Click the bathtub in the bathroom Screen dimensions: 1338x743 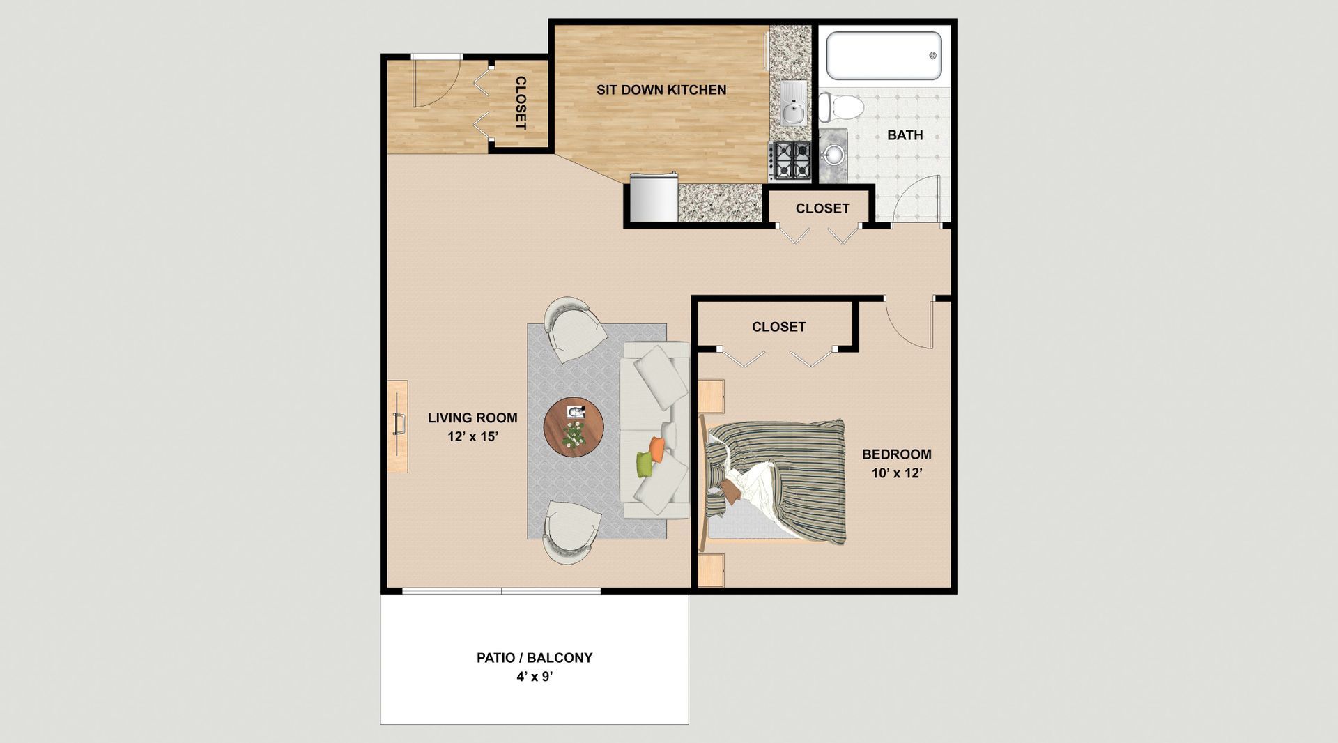click(x=884, y=56)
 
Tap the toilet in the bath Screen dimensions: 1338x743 click(x=841, y=107)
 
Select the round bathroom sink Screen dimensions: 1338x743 click(x=833, y=154)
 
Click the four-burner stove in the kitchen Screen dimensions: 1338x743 click(x=790, y=160)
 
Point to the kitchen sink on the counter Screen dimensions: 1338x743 click(x=793, y=104)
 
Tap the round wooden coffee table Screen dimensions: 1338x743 click(x=574, y=427)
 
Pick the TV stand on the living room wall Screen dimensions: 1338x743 click(x=397, y=427)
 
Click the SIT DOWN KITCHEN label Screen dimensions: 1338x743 click(x=661, y=90)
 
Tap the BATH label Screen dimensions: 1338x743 click(x=905, y=135)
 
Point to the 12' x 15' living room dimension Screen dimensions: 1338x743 click(x=472, y=437)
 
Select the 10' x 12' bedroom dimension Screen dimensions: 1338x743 click(x=897, y=473)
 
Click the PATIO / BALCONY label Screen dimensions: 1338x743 click(x=535, y=657)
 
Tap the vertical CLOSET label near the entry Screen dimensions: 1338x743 click(x=521, y=102)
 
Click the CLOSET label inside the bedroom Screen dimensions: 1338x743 click(x=778, y=327)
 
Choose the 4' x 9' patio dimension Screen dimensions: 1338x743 click(x=534, y=677)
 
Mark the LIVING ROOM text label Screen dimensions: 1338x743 click(x=472, y=418)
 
